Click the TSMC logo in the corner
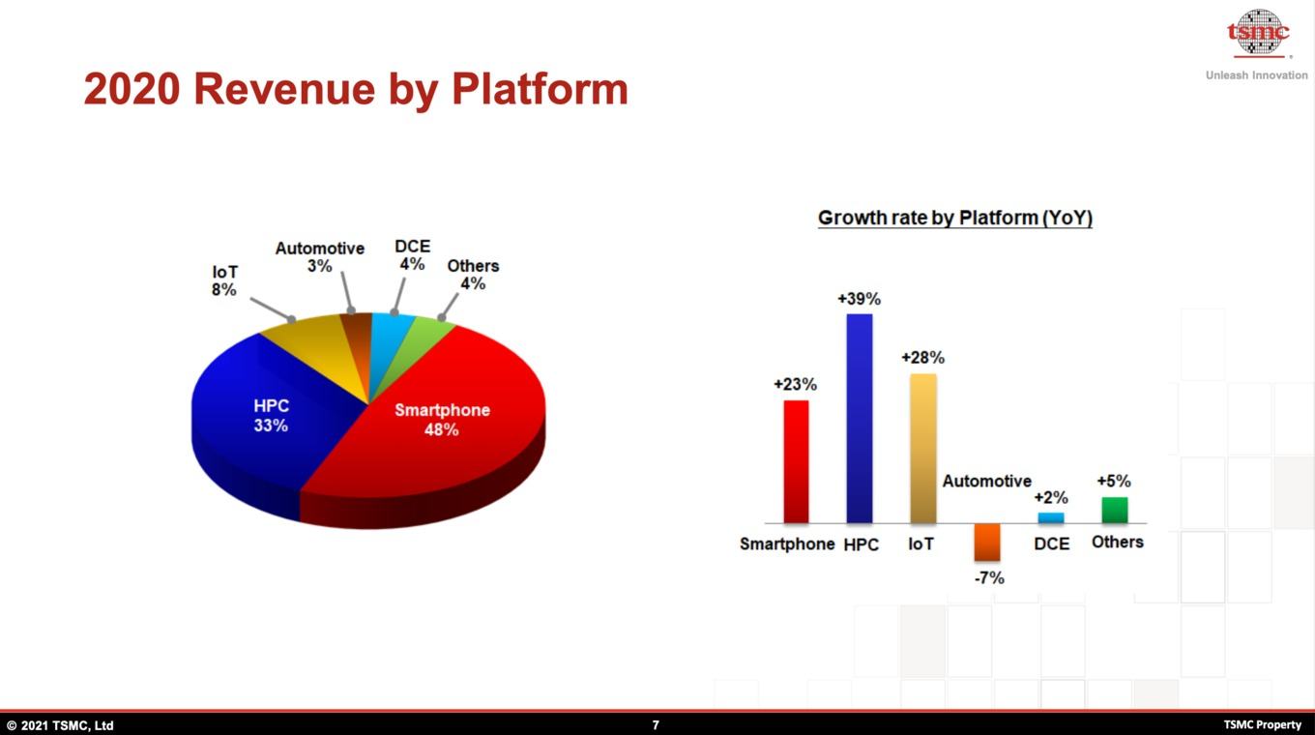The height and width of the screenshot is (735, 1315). tap(1257, 33)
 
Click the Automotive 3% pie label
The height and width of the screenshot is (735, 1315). tap(320, 257)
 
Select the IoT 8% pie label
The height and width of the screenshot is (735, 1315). tap(225, 280)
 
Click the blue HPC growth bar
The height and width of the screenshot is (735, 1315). tap(860, 418)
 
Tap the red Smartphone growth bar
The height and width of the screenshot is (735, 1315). tap(796, 461)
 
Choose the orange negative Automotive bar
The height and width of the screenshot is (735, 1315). tap(987, 542)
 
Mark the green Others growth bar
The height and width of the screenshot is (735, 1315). tap(1114, 510)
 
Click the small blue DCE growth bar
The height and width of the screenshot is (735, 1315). tap(1051, 517)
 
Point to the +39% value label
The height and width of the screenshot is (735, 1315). tap(859, 299)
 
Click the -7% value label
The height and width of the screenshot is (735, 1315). tap(989, 578)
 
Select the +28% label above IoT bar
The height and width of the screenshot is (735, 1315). tap(922, 358)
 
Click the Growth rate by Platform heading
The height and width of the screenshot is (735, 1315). tap(955, 218)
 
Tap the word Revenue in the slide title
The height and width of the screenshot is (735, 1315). tap(284, 89)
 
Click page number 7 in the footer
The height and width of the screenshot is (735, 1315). tap(656, 725)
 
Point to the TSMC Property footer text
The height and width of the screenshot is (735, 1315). tap(1262, 725)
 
